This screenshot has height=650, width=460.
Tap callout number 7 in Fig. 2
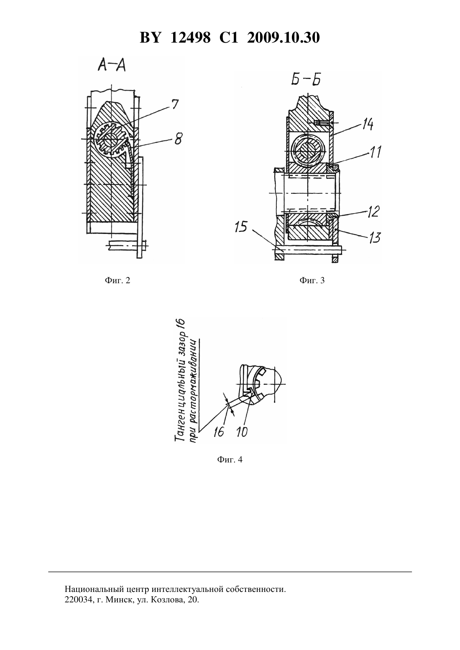174,104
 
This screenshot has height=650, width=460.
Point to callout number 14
367,124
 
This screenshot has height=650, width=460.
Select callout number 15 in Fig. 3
241,227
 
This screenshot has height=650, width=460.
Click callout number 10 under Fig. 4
242,432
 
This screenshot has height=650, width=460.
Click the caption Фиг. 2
118,280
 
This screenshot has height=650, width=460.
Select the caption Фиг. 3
312,280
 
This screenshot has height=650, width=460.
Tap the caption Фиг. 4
230,460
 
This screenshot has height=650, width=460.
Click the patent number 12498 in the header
190,38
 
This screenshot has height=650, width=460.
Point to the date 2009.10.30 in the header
284,38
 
